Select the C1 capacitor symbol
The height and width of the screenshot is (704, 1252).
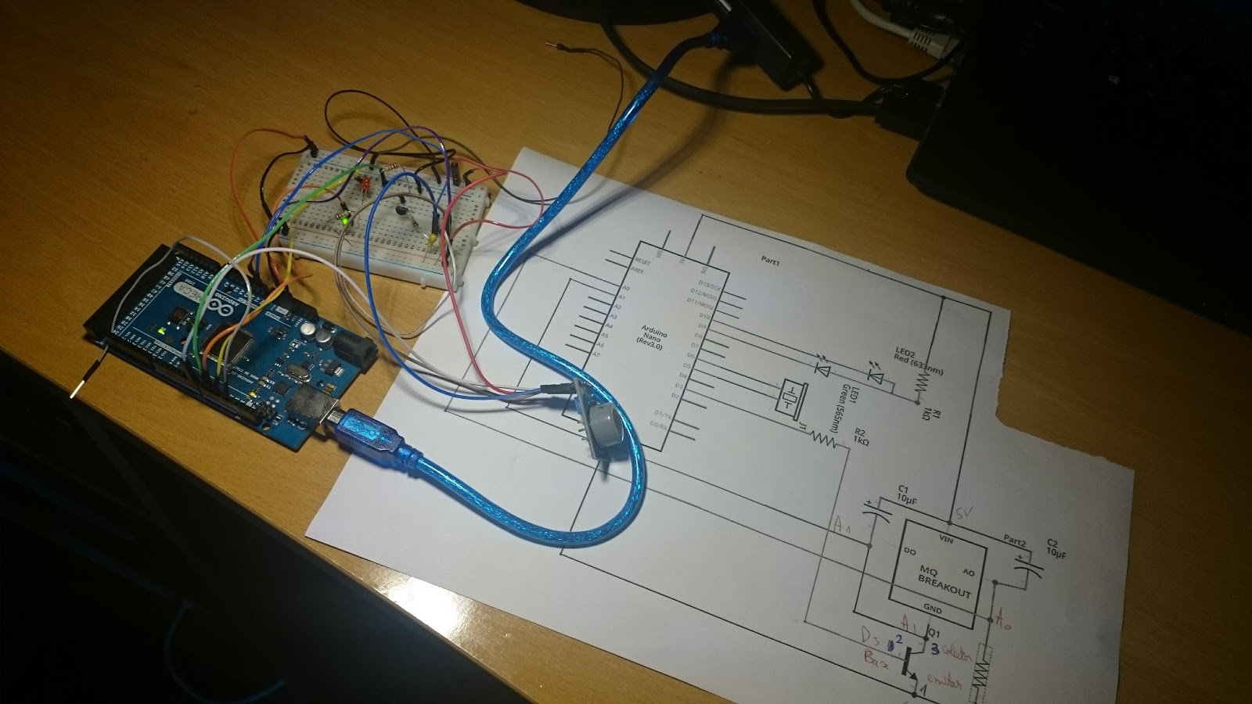[876, 513]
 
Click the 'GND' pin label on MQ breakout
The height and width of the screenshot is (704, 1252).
[933, 609]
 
